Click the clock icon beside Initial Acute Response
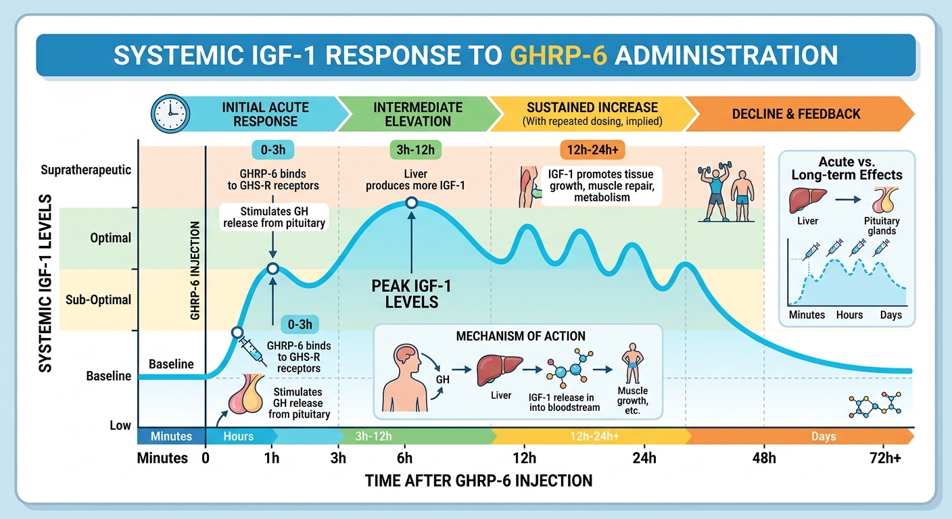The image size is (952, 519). coord(169,114)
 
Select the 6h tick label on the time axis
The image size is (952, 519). coord(404,458)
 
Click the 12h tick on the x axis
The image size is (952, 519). coord(524,458)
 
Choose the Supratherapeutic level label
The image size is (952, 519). coord(86,170)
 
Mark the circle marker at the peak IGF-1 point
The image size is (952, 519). coord(411,202)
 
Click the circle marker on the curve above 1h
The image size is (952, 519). coord(272,269)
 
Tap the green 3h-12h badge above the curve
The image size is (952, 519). coord(414,149)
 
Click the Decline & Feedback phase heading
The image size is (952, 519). coord(796,114)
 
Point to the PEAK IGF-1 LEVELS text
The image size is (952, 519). coord(411,294)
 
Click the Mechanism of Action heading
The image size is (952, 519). coord(521,336)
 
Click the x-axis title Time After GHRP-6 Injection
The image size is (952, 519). coord(478,481)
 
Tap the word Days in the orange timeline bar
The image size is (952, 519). coord(824,437)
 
